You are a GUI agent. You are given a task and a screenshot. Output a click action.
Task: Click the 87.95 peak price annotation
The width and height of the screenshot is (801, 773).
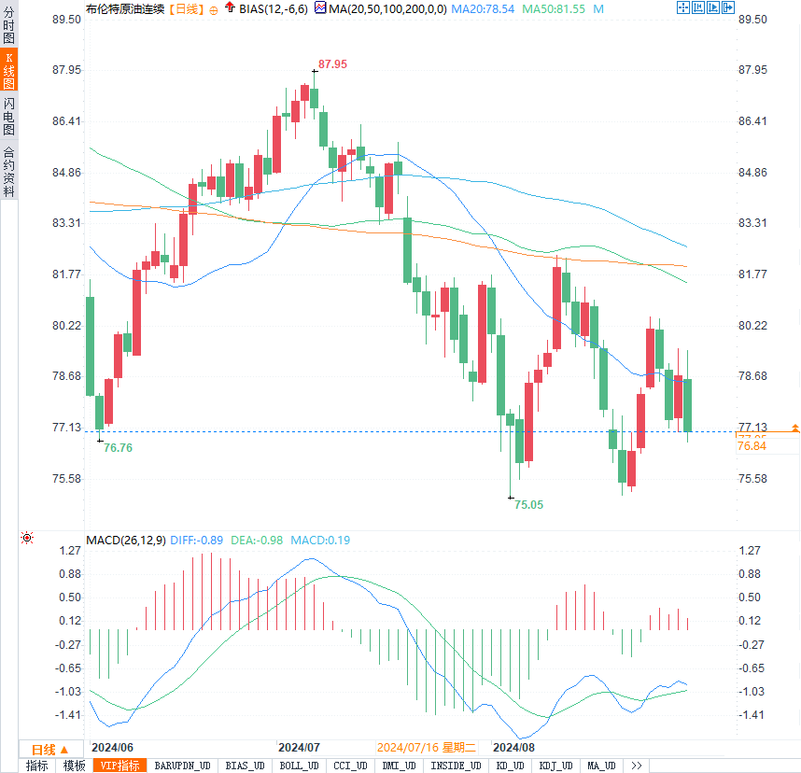[332, 64]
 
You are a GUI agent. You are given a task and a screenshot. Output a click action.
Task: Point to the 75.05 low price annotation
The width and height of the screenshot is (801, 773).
[528, 504]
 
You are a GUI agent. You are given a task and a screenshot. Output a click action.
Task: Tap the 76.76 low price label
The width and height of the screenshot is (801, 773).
[118, 448]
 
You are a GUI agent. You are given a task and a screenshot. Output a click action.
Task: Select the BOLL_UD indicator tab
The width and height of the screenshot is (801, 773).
[298, 766]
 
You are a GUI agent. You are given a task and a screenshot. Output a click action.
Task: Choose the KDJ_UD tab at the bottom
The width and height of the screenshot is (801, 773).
[555, 766]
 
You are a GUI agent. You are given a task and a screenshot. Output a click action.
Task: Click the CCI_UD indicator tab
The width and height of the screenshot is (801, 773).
[349, 766]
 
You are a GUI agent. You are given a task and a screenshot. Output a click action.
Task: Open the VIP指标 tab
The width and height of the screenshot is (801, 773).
[120, 766]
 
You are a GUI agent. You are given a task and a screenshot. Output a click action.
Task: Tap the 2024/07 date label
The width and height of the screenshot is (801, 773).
[299, 748]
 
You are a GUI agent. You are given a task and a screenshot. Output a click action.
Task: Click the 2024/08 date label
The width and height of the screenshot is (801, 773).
[513, 748]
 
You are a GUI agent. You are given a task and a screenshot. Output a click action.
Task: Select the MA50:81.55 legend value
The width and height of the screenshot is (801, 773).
[554, 8]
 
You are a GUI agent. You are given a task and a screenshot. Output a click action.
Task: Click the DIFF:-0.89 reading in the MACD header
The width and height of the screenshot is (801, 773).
[197, 540]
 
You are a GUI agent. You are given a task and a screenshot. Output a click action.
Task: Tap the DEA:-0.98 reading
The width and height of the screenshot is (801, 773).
[257, 540]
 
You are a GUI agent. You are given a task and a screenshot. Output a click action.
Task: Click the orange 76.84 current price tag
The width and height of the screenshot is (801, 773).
[752, 446]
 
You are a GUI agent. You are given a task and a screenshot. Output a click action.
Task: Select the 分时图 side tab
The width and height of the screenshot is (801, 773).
[8, 27]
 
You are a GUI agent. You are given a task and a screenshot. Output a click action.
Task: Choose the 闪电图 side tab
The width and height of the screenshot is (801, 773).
[8, 116]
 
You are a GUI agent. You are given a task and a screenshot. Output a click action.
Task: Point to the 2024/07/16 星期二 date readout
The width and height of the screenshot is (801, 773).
[427, 748]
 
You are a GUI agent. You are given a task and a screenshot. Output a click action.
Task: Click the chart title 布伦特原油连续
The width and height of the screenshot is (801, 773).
[124, 8]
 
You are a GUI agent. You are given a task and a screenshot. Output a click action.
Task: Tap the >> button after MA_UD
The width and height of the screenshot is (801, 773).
[637, 766]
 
